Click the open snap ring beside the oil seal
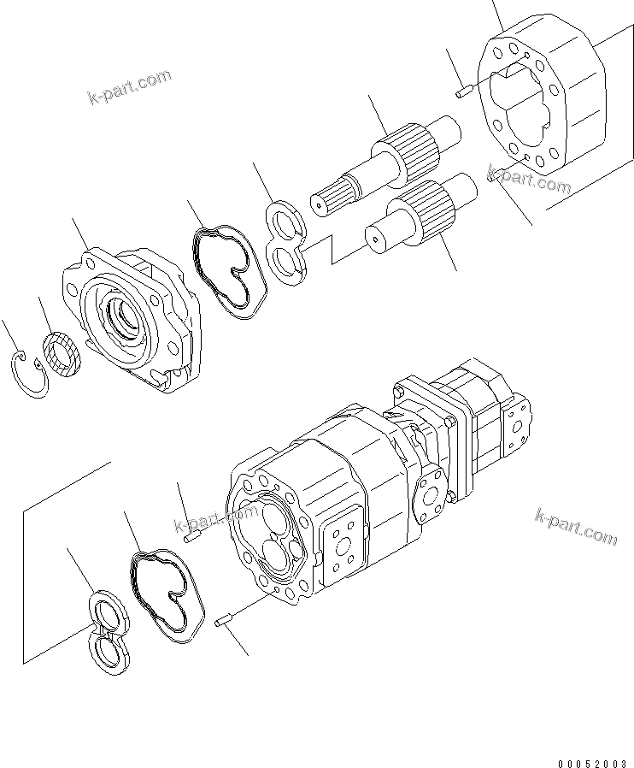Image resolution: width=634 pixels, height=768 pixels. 32,377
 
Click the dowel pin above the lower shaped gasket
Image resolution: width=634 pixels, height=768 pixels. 192,537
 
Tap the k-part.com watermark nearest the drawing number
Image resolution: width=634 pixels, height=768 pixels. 575,525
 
